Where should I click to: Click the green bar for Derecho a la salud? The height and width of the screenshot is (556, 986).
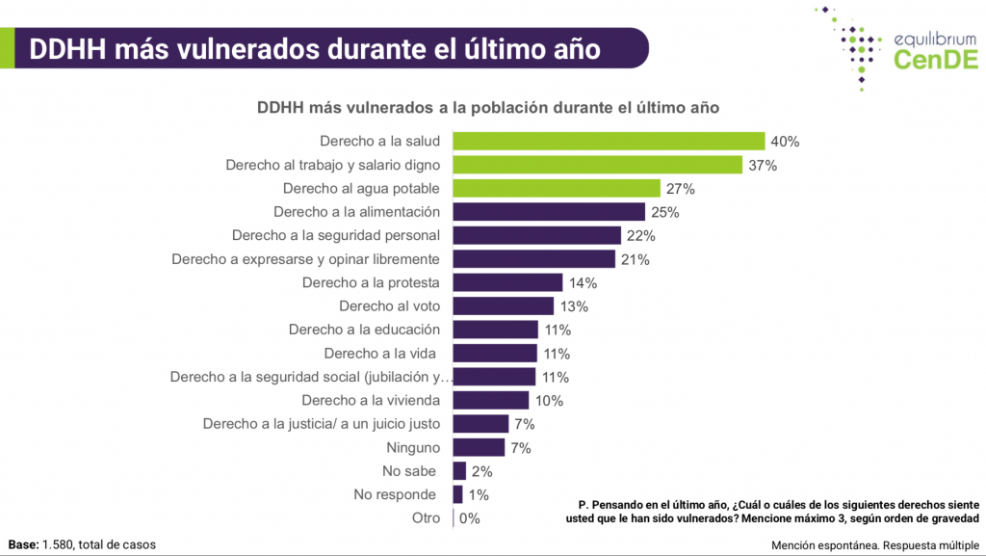(x=609, y=142)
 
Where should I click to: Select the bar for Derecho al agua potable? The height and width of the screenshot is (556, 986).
(x=557, y=189)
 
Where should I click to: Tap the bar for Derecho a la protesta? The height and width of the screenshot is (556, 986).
(x=507, y=283)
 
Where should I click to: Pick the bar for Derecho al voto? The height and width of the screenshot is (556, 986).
(x=504, y=306)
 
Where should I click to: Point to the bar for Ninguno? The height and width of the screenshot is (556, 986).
(x=479, y=448)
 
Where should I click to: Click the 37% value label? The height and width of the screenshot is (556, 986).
(x=763, y=166)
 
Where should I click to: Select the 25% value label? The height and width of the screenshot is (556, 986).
(x=665, y=213)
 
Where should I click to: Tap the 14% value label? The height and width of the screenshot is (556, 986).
(x=583, y=283)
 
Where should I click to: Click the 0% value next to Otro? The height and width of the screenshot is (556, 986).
(x=470, y=518)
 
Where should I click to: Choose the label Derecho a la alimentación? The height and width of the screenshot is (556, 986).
(x=356, y=212)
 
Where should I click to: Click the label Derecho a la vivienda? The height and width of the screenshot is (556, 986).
(x=371, y=401)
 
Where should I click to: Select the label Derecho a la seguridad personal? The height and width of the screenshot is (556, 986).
(x=336, y=235)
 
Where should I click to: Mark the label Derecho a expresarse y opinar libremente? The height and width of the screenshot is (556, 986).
(x=305, y=259)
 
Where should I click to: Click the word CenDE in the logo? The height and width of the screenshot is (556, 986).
(x=937, y=60)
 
